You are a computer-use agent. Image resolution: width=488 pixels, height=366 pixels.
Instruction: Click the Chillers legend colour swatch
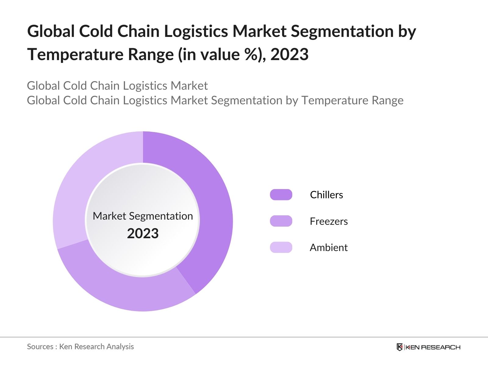click(x=281, y=195)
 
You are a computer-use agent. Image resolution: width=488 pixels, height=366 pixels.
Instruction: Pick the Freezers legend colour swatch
click(x=281, y=221)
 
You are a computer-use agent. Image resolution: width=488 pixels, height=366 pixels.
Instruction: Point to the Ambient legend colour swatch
click(x=281, y=247)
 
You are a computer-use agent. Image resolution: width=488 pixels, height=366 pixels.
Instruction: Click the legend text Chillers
click(x=326, y=195)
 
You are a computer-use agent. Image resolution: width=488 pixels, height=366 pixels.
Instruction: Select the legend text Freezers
click(x=328, y=221)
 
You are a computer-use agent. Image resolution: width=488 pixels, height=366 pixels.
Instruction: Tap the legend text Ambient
click(x=328, y=247)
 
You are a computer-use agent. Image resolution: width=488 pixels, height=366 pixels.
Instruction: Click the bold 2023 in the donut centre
click(x=143, y=234)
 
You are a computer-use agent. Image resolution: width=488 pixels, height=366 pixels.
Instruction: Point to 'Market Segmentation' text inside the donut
click(x=143, y=216)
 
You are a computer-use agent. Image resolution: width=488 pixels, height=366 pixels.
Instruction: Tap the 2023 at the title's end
click(x=289, y=55)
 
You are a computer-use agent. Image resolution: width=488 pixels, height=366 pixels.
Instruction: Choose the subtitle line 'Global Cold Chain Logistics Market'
click(x=117, y=86)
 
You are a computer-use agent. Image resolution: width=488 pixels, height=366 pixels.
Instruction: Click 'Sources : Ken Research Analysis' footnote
click(x=81, y=346)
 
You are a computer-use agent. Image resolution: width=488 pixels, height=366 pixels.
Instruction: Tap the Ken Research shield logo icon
click(x=400, y=347)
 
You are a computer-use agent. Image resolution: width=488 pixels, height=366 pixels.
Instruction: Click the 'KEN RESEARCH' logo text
click(x=433, y=347)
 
